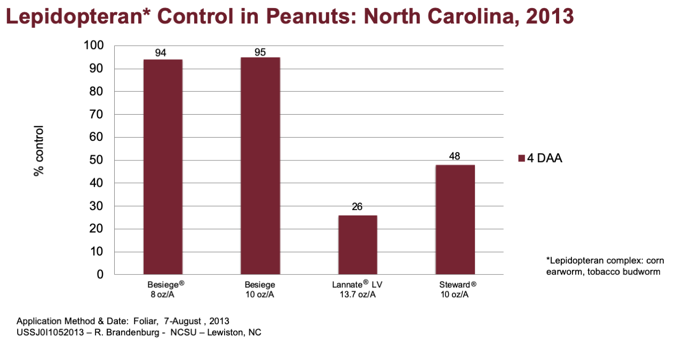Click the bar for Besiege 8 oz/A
click(x=163, y=167)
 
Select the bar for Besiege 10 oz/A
click(x=260, y=166)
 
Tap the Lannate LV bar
click(x=358, y=245)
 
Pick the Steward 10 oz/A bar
click(x=455, y=220)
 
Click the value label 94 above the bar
click(x=161, y=53)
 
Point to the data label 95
click(x=260, y=52)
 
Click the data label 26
click(x=357, y=207)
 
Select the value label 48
click(x=454, y=156)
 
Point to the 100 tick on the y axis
click(x=93, y=45)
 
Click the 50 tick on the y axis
click(x=97, y=160)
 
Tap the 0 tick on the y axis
click(x=100, y=274)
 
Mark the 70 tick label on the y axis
click(x=97, y=114)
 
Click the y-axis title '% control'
click(x=39, y=151)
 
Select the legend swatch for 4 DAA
click(x=521, y=158)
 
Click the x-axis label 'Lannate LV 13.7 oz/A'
click(x=358, y=289)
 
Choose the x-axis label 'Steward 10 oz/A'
click(x=457, y=289)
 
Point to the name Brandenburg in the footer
click(x=127, y=332)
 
